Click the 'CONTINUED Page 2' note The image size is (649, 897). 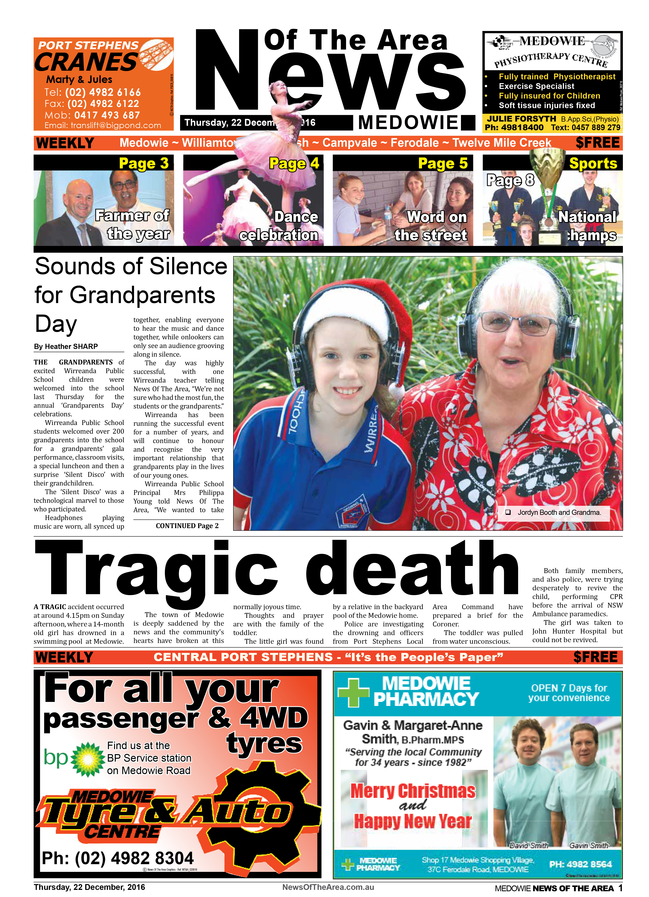[x=187, y=526]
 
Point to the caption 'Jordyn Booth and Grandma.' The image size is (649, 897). [x=559, y=513]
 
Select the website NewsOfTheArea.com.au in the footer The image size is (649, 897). [x=328, y=887]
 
